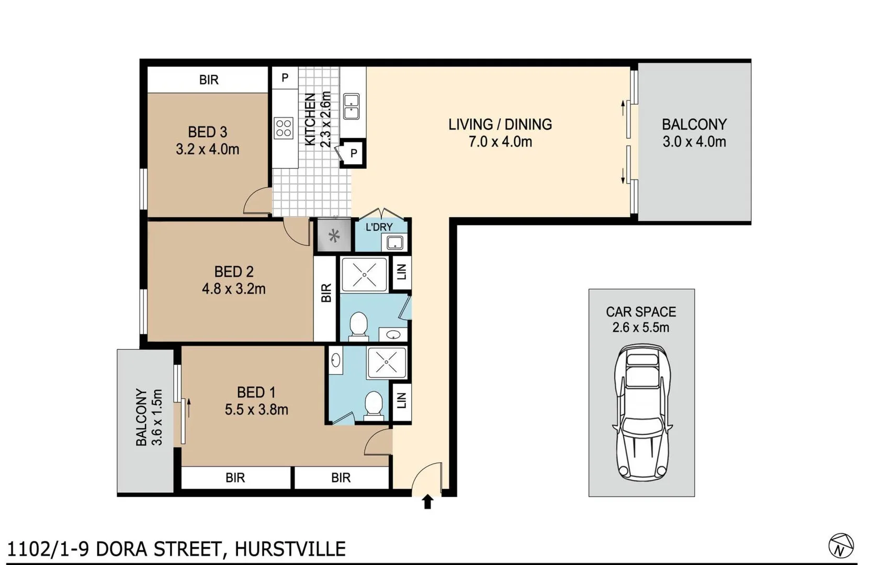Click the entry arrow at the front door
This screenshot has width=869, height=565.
point(427,502)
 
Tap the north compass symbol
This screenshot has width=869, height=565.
point(841,546)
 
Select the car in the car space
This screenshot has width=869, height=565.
point(642,413)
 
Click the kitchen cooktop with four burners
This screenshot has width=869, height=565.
point(284,128)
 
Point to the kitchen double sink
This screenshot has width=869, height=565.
point(351,106)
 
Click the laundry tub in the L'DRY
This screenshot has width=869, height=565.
point(394,243)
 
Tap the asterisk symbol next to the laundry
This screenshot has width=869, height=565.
point(334,236)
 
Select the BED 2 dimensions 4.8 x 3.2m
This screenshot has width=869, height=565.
point(234,289)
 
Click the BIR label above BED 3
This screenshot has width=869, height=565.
point(208,80)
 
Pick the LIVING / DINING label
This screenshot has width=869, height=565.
point(500,125)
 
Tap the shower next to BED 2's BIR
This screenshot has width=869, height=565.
point(364,274)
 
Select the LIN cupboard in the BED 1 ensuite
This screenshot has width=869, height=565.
point(401,401)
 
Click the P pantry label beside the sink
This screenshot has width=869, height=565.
point(354,154)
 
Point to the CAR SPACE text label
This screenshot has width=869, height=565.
point(641,312)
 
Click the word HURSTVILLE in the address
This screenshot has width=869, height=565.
point(290,549)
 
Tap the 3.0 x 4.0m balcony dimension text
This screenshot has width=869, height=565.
point(694,142)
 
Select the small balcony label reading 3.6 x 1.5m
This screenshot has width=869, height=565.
point(156,417)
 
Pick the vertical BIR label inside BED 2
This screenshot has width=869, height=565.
point(325,293)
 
